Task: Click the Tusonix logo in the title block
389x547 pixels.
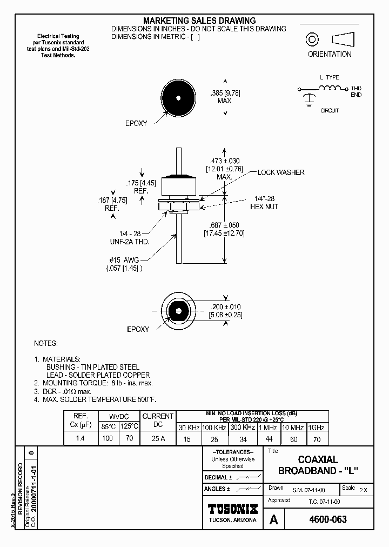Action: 233,509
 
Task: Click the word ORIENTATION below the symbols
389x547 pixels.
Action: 330,54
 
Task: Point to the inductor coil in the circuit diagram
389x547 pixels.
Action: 331,88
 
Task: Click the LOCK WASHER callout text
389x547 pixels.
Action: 281,172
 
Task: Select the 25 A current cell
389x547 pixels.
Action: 158,438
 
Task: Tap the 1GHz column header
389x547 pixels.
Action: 316,428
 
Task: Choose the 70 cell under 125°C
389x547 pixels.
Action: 129,438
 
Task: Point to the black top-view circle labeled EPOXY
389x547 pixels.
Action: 178,99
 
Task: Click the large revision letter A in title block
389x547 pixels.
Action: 274,520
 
